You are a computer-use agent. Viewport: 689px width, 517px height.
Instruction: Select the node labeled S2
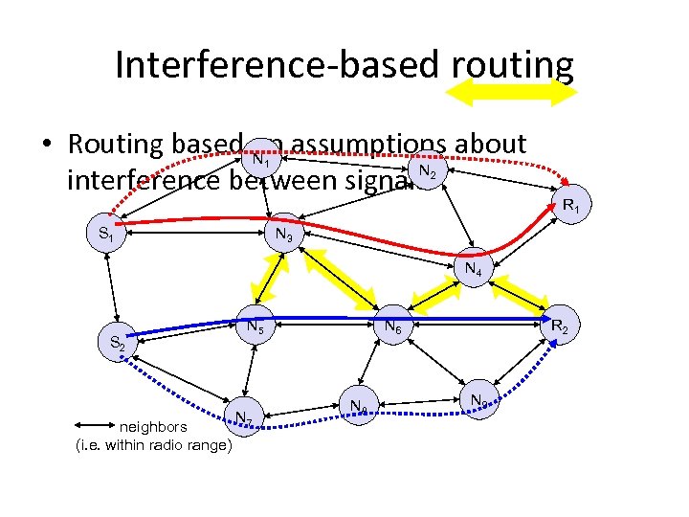coord(119,342)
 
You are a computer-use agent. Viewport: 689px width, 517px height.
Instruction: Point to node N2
coord(427,173)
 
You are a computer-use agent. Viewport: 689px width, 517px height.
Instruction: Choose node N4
coord(473,269)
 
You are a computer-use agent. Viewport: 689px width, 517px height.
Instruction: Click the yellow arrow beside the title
coord(512,93)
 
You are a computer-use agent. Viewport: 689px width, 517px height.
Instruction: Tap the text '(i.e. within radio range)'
coord(153,445)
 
